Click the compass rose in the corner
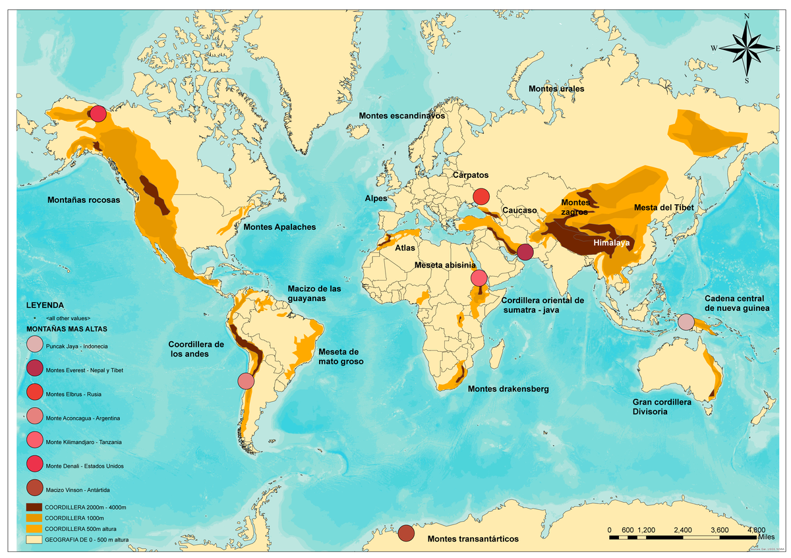tap(746, 47)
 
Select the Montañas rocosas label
tap(83, 200)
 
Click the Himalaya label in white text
tap(611, 243)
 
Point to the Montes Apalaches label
tap(279, 227)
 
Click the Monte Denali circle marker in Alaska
tap(98, 114)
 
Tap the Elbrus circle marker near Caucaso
tap(481, 196)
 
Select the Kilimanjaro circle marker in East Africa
tap(479, 278)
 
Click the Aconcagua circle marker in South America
tap(246, 381)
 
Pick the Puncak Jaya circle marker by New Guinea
tap(686, 321)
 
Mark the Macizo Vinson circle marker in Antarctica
tap(406, 532)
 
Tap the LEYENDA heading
tap(45, 306)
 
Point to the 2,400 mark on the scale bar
tap(683, 530)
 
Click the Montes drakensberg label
tap(508, 389)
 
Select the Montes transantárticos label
tap(473, 539)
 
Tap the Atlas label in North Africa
tap(405, 248)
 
